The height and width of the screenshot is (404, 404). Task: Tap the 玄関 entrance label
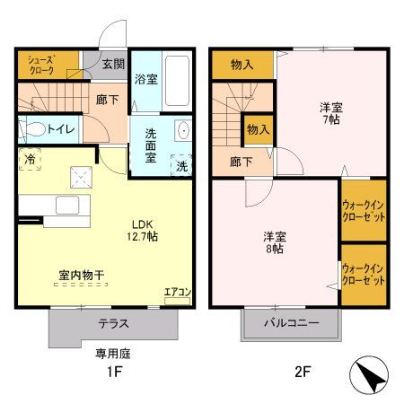click(x=112, y=64)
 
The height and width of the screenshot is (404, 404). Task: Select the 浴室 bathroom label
click(x=145, y=79)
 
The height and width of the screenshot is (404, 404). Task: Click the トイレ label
click(x=61, y=128)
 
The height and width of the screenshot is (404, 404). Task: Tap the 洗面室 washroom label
click(x=147, y=143)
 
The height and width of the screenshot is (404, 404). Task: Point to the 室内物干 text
click(x=80, y=276)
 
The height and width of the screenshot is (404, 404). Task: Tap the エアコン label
click(x=177, y=292)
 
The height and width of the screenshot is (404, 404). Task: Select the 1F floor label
click(x=113, y=371)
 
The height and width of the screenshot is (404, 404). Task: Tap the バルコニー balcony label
click(x=291, y=323)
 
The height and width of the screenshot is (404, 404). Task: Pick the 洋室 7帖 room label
click(x=329, y=113)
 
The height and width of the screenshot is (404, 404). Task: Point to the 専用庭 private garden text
click(x=113, y=354)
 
